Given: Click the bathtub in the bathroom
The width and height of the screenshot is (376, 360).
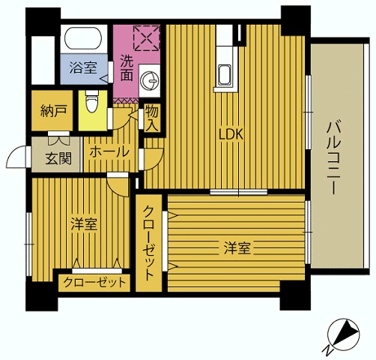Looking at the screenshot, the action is click(x=83, y=37).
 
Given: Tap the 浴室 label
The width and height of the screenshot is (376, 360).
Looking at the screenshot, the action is click(x=83, y=68).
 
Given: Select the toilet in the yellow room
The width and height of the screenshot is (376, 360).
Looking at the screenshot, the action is click(x=92, y=101).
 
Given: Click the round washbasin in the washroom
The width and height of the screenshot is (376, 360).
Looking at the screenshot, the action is click(x=149, y=80).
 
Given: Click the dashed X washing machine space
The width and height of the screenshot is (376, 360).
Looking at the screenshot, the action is click(x=147, y=37).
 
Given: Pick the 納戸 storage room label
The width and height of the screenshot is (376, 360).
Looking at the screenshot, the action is click(x=53, y=111).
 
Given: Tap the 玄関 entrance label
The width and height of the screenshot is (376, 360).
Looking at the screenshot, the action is click(x=58, y=158).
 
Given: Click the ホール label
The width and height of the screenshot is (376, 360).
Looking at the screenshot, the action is click(x=109, y=152).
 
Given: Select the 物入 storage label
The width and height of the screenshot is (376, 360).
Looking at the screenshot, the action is click(x=152, y=118).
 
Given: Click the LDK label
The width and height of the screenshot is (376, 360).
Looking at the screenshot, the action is click(x=231, y=134).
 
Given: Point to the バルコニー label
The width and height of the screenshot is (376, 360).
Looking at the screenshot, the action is click(x=333, y=157).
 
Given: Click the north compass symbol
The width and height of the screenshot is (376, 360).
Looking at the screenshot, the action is click(x=343, y=334).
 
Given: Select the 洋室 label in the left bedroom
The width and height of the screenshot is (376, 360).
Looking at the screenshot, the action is click(x=84, y=224).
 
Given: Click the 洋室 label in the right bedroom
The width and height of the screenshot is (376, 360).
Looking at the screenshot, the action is click(x=237, y=247).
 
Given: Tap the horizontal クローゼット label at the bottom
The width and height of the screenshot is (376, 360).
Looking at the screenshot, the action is click(x=94, y=283).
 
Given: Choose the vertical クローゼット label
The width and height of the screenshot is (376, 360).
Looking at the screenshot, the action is click(x=149, y=243).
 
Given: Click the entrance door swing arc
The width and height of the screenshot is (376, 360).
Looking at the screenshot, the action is click(x=15, y=157).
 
